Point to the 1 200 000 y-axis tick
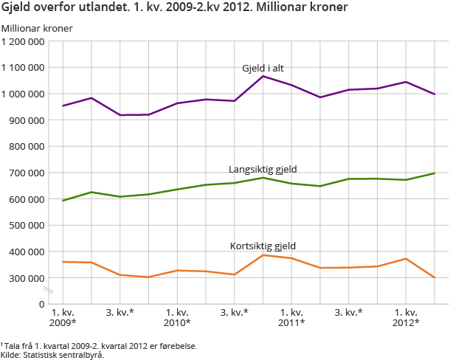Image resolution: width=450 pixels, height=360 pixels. (x=24, y=41)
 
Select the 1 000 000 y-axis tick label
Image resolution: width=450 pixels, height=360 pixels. (x=24, y=94)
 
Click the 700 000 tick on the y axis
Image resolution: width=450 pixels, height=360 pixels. (x=29, y=173)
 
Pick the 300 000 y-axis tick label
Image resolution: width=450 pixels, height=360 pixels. (x=29, y=278)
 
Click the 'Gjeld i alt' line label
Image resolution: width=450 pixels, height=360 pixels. (x=263, y=68)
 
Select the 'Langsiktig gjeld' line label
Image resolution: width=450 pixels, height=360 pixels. (x=263, y=169)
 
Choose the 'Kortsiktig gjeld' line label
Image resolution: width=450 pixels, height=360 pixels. (x=263, y=246)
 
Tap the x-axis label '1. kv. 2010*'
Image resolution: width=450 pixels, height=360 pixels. (x=177, y=317)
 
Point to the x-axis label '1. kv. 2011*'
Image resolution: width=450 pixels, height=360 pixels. (x=291, y=317)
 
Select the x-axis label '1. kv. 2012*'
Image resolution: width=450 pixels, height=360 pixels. (x=406, y=317)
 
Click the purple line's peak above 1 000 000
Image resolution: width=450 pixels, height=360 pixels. (x=263, y=76)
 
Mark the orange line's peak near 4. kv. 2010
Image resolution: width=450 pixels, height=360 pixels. (x=263, y=255)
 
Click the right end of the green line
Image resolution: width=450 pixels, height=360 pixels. (x=435, y=173)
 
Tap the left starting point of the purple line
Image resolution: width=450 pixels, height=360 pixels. (x=63, y=105)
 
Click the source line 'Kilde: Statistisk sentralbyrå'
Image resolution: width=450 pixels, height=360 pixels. (x=52, y=354)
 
